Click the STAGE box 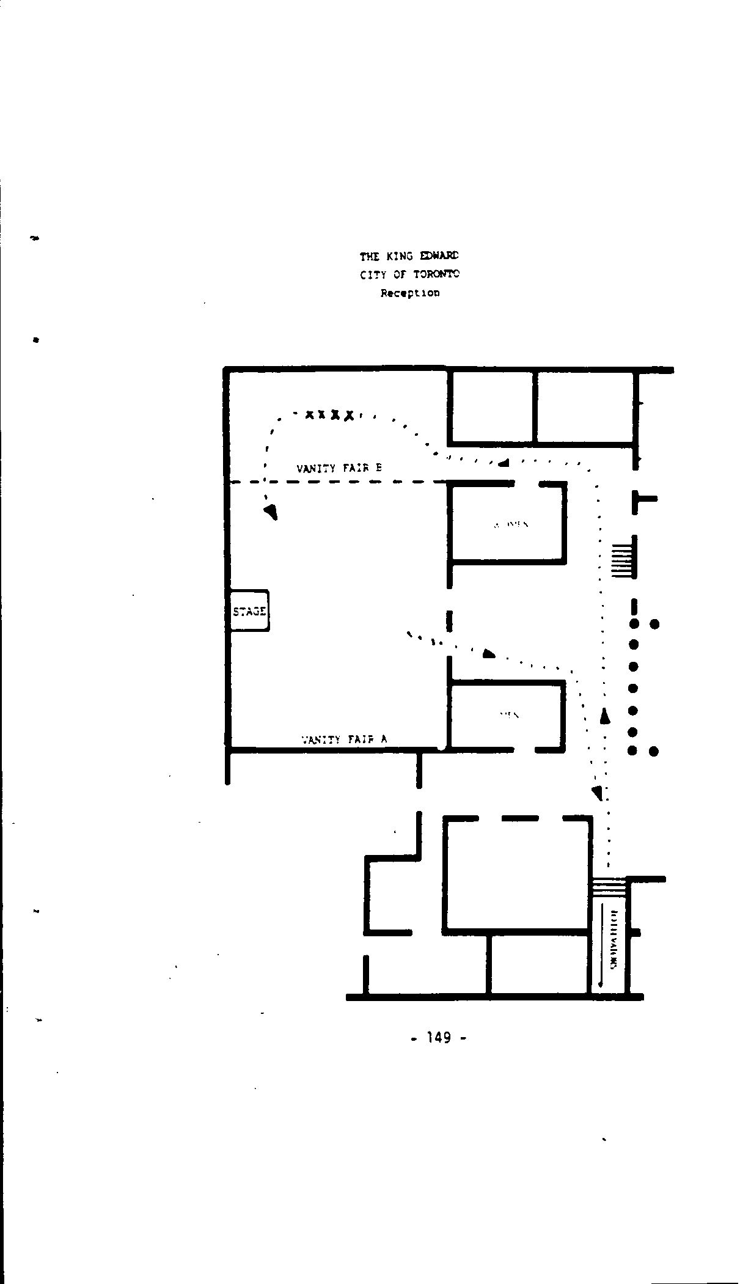coord(249,611)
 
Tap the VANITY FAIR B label coord(339,468)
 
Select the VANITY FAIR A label coord(345,739)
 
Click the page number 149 coord(439,1037)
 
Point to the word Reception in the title coord(409,293)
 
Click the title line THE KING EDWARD coord(409,256)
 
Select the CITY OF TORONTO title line coord(409,274)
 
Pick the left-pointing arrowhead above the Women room coord(504,462)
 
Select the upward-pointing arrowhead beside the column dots coord(605,716)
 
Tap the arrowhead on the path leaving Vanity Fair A coord(488,653)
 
